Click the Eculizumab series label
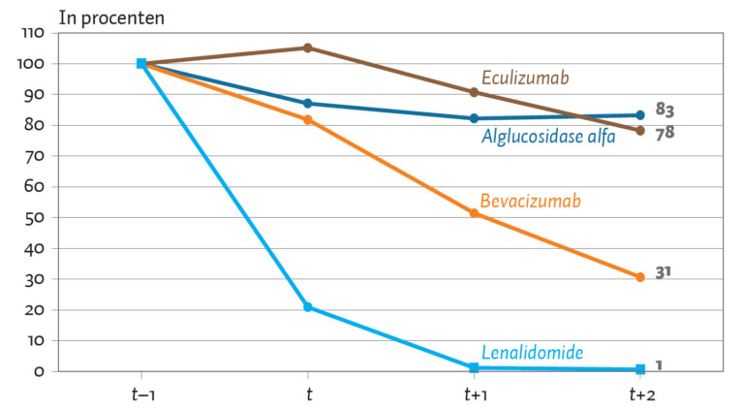(525, 78)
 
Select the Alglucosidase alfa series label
(548, 137)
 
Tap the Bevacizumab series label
(530, 201)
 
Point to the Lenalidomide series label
(532, 353)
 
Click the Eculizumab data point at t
(307, 47)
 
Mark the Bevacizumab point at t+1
(474, 213)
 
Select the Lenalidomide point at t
(307, 307)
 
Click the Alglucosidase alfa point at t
(307, 104)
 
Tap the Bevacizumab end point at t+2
(640, 277)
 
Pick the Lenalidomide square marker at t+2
(640, 368)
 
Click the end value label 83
(665, 110)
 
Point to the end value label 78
(665, 133)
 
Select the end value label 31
(663, 273)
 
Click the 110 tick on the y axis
(33, 33)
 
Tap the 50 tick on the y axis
(34, 217)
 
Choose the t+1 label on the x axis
(476, 395)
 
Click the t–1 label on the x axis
(143, 395)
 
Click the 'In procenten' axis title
(111, 18)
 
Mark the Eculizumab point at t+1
(474, 92)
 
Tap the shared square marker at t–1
(141, 64)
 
